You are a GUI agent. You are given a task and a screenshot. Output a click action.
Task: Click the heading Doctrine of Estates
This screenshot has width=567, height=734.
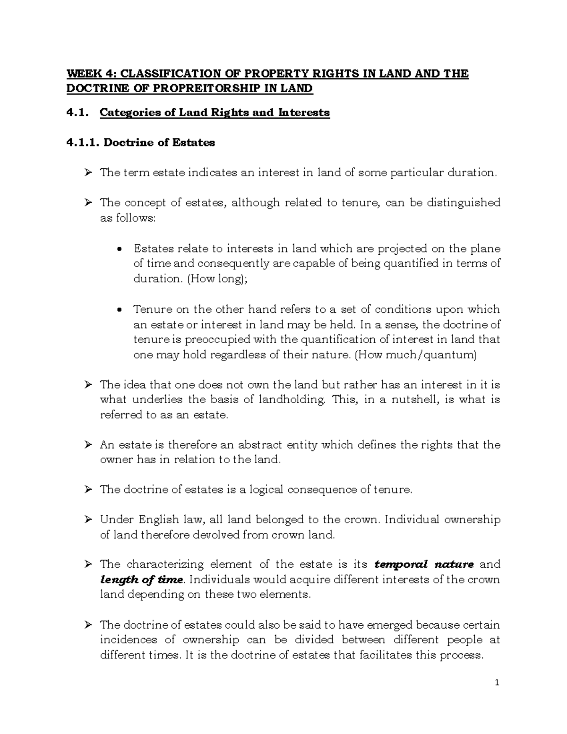(x=159, y=143)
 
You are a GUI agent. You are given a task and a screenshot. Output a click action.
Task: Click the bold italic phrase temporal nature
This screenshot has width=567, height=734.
(x=423, y=564)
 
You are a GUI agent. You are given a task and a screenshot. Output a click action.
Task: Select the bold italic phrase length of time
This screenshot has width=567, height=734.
(x=141, y=579)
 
